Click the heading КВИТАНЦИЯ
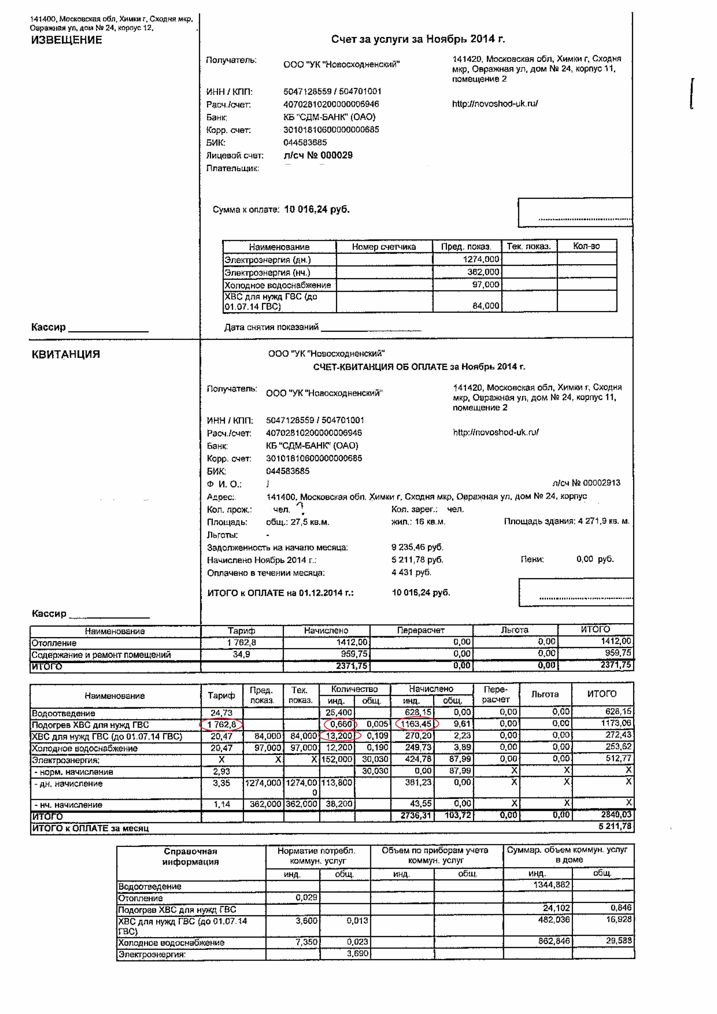[x=66, y=355]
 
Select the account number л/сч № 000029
[x=318, y=155]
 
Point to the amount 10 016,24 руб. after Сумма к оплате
[x=317, y=210]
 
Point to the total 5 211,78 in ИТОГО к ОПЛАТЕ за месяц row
[x=615, y=826]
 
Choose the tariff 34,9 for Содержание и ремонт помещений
[x=241, y=654]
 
